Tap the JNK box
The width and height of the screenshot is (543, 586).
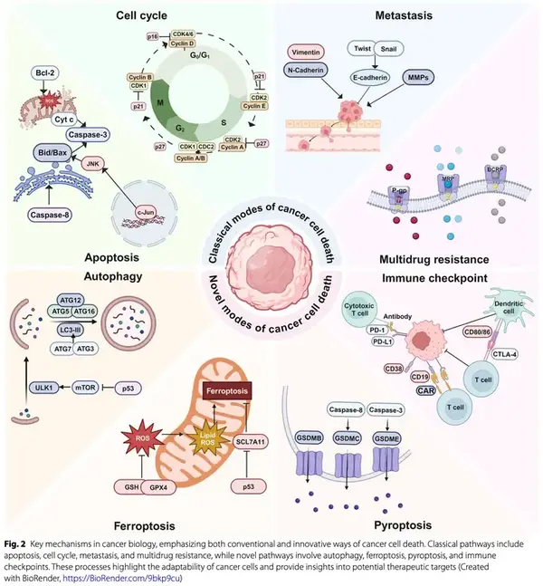[x=94, y=164]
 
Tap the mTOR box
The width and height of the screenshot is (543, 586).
[x=81, y=387]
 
